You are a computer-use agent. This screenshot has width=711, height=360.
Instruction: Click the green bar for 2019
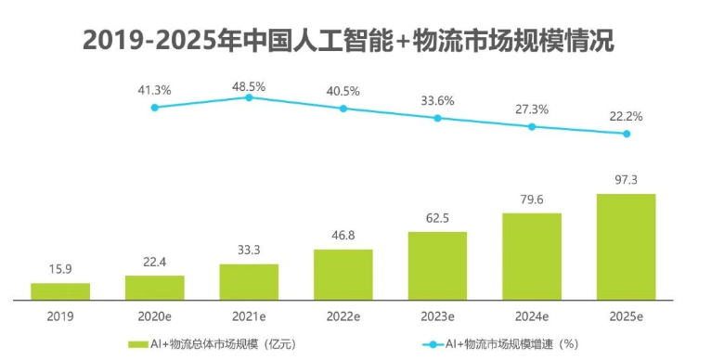[x=60, y=291]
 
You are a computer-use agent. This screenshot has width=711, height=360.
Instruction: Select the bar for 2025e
[x=626, y=247]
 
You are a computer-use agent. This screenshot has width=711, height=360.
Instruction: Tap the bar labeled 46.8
[x=343, y=275]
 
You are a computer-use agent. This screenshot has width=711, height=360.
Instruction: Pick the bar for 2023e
[x=437, y=265]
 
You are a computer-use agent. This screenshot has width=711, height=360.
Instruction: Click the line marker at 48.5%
[x=249, y=97]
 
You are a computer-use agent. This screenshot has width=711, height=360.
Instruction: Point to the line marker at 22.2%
[x=627, y=134]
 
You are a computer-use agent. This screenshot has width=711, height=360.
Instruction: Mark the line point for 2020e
[x=154, y=108]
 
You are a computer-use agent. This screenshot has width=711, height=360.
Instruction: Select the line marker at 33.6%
[x=438, y=118]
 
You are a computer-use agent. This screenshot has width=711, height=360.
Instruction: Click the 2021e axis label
[x=249, y=316]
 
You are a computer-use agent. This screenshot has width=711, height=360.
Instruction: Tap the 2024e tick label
[x=532, y=316]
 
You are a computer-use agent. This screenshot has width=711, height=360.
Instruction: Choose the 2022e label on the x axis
[x=343, y=316]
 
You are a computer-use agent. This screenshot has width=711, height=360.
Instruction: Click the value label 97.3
[x=627, y=180]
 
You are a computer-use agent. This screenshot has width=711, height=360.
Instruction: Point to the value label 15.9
[x=60, y=270]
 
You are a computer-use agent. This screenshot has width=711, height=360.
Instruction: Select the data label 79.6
[x=532, y=200]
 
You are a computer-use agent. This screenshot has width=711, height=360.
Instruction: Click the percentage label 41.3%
[x=154, y=90]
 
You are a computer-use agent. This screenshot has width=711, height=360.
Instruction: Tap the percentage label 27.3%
[x=532, y=109]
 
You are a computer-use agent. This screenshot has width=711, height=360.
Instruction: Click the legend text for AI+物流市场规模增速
[x=511, y=344]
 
